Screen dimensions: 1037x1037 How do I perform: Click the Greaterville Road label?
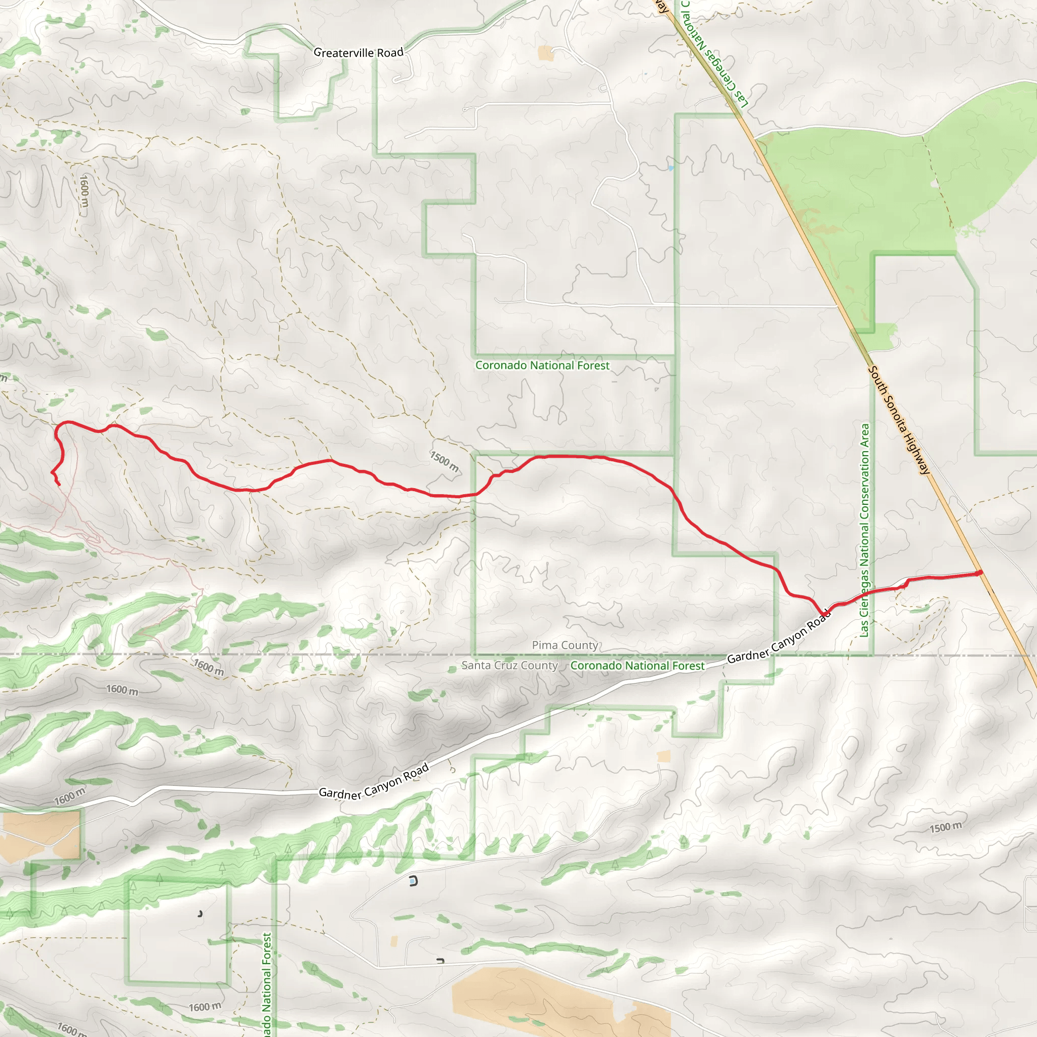tap(358, 53)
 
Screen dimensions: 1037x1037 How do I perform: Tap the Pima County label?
tap(565, 645)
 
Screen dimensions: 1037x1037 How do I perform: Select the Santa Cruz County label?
tap(509, 665)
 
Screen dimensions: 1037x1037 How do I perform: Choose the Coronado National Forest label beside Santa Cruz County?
tap(637, 665)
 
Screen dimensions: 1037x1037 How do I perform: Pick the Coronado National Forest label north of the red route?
tap(542, 366)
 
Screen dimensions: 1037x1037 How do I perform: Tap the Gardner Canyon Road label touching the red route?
tap(778, 640)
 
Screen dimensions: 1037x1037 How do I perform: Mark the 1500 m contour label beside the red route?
tap(445, 462)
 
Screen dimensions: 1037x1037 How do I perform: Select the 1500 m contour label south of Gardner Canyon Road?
tap(946, 827)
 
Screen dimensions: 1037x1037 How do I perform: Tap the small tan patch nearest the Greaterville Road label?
tap(545, 53)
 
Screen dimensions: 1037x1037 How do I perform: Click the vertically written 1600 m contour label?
tap(84, 191)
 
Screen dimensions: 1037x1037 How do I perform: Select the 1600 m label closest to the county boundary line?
tap(209, 667)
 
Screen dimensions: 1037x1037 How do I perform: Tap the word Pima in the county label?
tap(544, 645)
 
